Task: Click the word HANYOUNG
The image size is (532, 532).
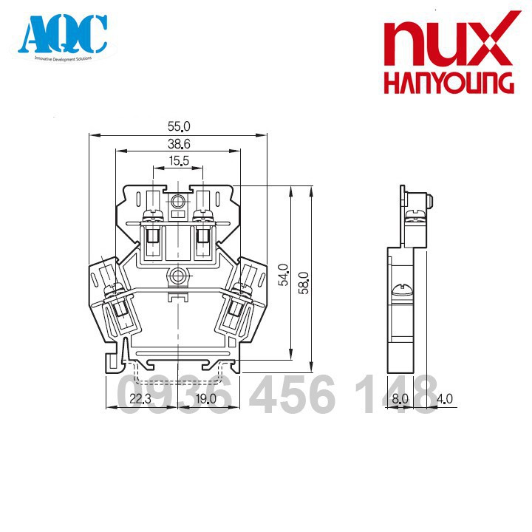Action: click(x=449, y=83)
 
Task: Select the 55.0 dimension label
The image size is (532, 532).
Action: click(x=179, y=126)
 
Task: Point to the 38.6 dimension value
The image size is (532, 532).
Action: click(x=179, y=144)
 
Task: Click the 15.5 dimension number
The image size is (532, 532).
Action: click(x=179, y=160)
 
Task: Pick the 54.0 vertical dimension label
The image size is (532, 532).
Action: click(x=284, y=275)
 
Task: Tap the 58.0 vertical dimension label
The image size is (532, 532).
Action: click(x=304, y=282)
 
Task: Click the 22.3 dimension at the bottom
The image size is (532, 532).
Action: click(x=140, y=399)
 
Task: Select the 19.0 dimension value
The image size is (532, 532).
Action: click(x=205, y=399)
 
